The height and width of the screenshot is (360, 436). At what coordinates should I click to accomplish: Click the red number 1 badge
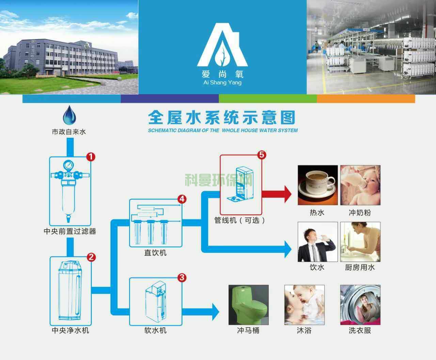pos(90,157)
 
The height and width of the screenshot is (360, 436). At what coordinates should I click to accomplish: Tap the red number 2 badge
pos(91,257)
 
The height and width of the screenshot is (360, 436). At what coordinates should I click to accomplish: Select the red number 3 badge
pos(182,278)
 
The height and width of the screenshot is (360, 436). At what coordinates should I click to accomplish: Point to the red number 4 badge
pos(182,199)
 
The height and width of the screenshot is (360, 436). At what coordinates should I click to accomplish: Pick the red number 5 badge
pos(262,155)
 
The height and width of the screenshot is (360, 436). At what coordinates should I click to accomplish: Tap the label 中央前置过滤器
pos(70,231)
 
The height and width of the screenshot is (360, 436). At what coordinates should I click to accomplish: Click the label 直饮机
pos(155,253)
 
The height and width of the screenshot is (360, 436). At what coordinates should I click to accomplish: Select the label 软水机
pos(155,330)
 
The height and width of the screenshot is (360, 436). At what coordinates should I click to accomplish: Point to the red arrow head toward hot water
pos(287,194)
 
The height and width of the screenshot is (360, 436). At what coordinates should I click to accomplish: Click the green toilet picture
pos(248,305)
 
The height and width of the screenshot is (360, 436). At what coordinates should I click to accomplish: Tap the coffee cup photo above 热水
pos(317,185)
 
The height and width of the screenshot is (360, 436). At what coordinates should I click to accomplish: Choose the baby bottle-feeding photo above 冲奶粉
pos(360,185)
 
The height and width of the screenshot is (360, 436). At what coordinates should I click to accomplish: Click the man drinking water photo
pos(317,242)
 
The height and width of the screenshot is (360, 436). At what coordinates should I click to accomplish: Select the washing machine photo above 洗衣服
pos(360,305)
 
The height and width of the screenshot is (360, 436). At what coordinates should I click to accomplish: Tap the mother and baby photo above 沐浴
pos(304,305)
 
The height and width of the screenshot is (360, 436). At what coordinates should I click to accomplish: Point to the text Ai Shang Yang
pos(222,83)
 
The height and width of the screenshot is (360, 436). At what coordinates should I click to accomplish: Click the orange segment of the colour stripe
pos(366,99)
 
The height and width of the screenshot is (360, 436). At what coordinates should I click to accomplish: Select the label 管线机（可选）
pos(240,220)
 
